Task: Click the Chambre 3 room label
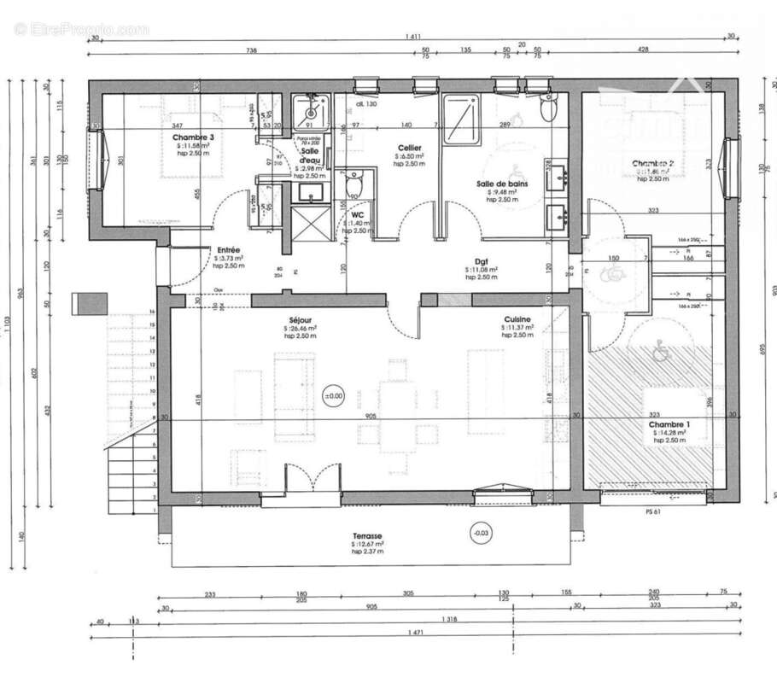(193, 137)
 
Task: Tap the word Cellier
(409, 148)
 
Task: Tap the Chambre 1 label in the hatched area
(669, 425)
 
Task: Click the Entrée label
(228, 250)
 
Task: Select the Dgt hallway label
(481, 262)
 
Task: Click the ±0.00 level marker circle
(332, 396)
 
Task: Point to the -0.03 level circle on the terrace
(482, 534)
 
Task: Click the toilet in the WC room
(354, 182)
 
